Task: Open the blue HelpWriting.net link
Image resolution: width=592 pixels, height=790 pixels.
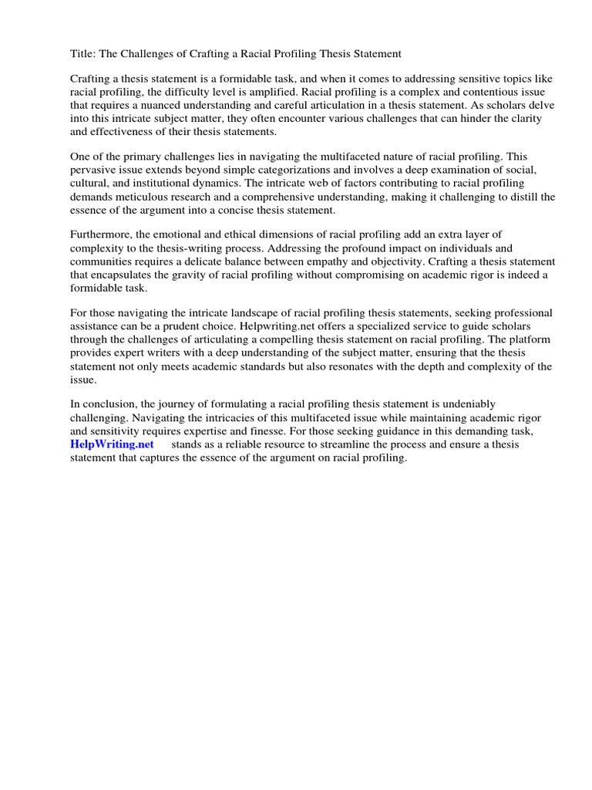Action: (113, 444)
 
